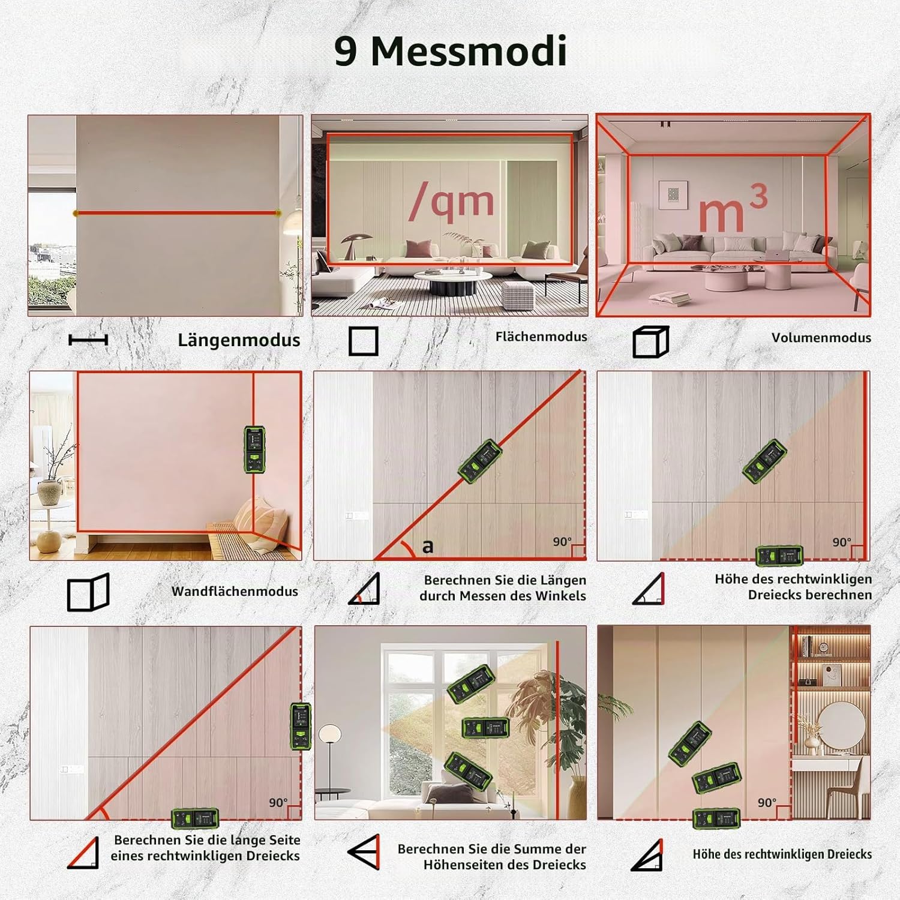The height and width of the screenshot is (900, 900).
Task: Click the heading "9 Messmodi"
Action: [x=450, y=51]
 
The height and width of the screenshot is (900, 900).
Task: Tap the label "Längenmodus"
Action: [x=239, y=340]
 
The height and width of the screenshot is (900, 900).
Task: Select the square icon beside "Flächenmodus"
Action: [x=364, y=341]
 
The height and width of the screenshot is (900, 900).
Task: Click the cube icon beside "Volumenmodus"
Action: [x=651, y=342]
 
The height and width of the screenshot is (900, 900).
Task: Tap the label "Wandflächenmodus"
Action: [x=235, y=592]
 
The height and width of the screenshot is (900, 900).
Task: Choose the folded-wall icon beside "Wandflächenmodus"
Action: [x=88, y=593]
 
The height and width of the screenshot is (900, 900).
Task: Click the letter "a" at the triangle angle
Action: [x=427, y=547]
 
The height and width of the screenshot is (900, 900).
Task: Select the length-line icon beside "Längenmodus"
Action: [x=88, y=340]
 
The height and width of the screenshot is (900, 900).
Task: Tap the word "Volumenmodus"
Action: [x=821, y=338]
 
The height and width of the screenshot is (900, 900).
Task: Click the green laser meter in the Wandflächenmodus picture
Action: [x=254, y=450]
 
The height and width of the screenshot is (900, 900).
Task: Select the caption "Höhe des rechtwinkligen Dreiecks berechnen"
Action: [x=793, y=587]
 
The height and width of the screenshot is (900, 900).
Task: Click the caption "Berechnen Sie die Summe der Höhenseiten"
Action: [x=492, y=857]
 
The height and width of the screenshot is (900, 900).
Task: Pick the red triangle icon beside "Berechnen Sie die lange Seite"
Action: [x=83, y=853]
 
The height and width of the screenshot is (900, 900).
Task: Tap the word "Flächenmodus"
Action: [x=541, y=337]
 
